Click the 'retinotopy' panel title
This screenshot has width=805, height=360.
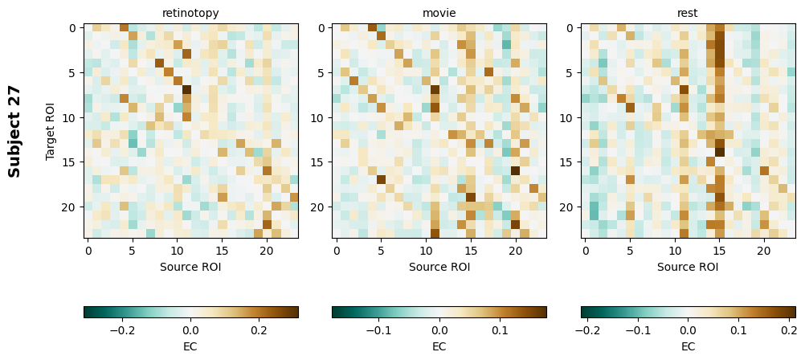click(x=190, y=13)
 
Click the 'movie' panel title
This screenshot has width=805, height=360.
click(x=439, y=13)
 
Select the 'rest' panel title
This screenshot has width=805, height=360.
click(x=688, y=13)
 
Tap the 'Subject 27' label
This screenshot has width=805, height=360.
click(x=14, y=131)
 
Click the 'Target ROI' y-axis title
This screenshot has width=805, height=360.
click(x=51, y=131)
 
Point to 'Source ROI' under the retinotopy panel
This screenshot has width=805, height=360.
click(x=190, y=266)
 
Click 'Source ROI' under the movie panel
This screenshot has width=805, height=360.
click(x=439, y=266)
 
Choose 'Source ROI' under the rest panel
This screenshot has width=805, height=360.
click(x=688, y=266)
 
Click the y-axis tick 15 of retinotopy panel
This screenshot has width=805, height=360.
click(x=72, y=162)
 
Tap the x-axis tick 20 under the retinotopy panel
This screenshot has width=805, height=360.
click(x=267, y=251)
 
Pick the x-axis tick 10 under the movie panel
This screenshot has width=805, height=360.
click(x=426, y=251)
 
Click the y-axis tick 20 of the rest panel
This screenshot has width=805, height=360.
click(x=570, y=207)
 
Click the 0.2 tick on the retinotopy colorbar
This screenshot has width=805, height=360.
click(x=259, y=329)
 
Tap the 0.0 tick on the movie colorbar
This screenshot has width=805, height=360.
click(x=439, y=329)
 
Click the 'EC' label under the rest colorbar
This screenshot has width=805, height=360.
click(x=688, y=346)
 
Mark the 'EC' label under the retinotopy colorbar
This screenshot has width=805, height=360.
click(x=190, y=346)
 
